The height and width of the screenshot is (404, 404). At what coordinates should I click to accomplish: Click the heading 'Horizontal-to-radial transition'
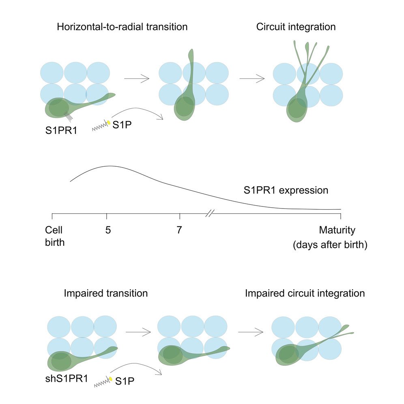[x=122, y=28]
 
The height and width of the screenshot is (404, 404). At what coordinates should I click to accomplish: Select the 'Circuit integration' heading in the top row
[x=296, y=28]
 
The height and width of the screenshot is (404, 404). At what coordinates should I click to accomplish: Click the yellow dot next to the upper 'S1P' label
[x=108, y=122]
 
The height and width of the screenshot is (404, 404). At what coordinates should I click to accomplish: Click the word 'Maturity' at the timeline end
[x=337, y=231]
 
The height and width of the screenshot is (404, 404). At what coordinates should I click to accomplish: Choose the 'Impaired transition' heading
[x=105, y=293]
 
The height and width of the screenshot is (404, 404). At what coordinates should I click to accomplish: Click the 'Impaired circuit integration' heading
[x=305, y=293]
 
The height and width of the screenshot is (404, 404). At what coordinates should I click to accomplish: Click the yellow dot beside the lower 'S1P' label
[x=110, y=379]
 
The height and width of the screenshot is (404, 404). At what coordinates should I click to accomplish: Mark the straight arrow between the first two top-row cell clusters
[x=136, y=78]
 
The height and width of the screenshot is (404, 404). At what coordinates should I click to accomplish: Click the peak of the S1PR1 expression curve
[x=109, y=166]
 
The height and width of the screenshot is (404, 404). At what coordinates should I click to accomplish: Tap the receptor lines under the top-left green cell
[x=69, y=117]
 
